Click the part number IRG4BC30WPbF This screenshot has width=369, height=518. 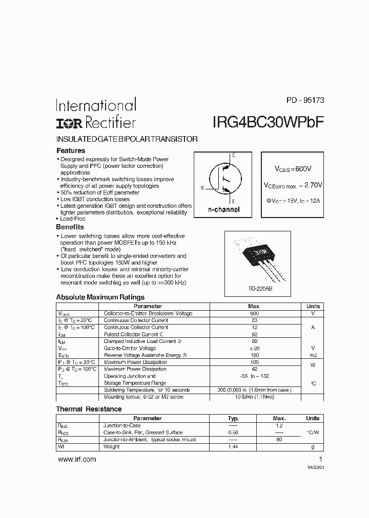click(267, 122)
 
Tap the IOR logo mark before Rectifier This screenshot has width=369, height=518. click(69, 123)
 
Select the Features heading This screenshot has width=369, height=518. click(70, 151)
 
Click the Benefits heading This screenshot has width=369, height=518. click(70, 227)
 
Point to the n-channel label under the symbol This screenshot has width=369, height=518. click(223, 210)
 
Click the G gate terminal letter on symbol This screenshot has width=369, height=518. click(202, 188)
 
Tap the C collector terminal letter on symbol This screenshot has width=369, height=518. click(233, 155)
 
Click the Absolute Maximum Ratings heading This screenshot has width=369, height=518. click(100, 297)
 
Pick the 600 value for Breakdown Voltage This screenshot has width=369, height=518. click(255, 313)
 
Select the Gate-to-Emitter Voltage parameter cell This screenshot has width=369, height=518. click(129, 348)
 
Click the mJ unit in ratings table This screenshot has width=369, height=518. click(313, 355)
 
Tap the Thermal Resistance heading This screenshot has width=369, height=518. click(89, 409)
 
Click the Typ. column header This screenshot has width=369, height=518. click(233, 418)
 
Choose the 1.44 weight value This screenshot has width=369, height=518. click(233, 446)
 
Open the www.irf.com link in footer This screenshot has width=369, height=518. click(77, 460)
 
